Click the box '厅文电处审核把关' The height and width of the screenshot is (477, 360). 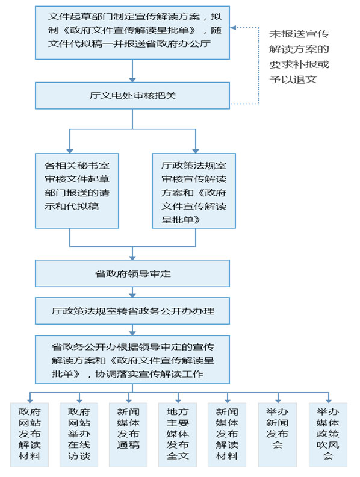[x=132, y=96]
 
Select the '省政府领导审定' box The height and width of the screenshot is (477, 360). [x=132, y=273]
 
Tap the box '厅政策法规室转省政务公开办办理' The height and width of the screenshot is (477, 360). [x=132, y=311]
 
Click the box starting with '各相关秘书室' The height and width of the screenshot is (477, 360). [x=77, y=191]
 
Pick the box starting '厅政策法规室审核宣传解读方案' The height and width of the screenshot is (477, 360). [x=194, y=191]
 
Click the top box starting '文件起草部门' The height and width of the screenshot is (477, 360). [x=132, y=33]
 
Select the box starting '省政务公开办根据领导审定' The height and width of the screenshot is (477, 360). [x=132, y=360]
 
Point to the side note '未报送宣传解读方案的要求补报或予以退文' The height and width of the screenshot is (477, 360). [x=299, y=57]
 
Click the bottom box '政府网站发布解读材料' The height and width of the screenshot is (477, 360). [x=29, y=435]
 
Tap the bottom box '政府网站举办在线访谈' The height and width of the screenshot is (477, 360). [x=79, y=435]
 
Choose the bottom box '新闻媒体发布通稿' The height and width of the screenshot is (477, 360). [x=128, y=435]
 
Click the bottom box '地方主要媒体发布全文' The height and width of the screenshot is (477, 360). [x=178, y=435]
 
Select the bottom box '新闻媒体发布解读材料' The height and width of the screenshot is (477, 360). [x=227, y=435]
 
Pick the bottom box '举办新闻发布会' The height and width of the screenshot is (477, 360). [x=278, y=435]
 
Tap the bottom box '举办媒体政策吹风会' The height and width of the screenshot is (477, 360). [x=327, y=435]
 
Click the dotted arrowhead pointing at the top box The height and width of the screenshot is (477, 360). [x=233, y=27]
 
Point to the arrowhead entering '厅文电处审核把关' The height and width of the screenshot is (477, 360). [x=132, y=79]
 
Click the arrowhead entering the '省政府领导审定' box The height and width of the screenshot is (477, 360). [x=132, y=257]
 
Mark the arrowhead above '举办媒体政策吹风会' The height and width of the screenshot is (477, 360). [x=328, y=401]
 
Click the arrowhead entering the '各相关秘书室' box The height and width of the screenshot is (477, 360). [x=70, y=151]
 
